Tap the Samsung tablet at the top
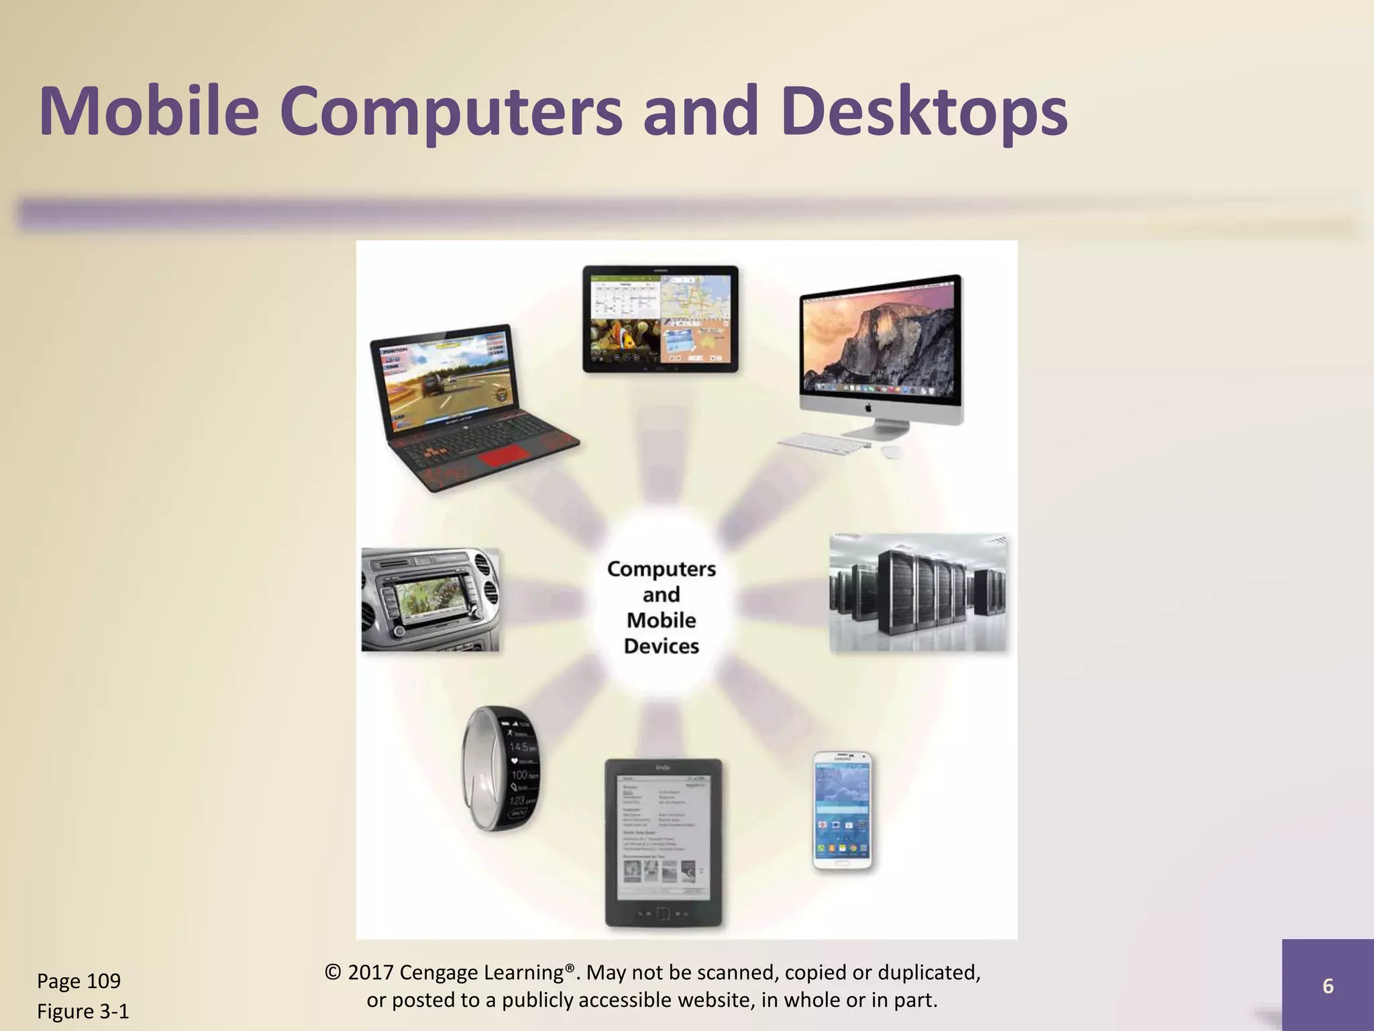pyautogui.click(x=660, y=319)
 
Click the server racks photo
pyautogui.click(x=918, y=593)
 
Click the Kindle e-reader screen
pyautogui.click(x=663, y=836)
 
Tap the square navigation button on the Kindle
pyautogui.click(x=663, y=914)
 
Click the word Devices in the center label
pyautogui.click(x=662, y=646)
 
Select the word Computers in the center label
pyautogui.click(x=662, y=569)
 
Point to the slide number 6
pyautogui.click(x=1328, y=985)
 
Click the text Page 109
pyautogui.click(x=78, y=981)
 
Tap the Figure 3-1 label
pyautogui.click(x=83, y=1012)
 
